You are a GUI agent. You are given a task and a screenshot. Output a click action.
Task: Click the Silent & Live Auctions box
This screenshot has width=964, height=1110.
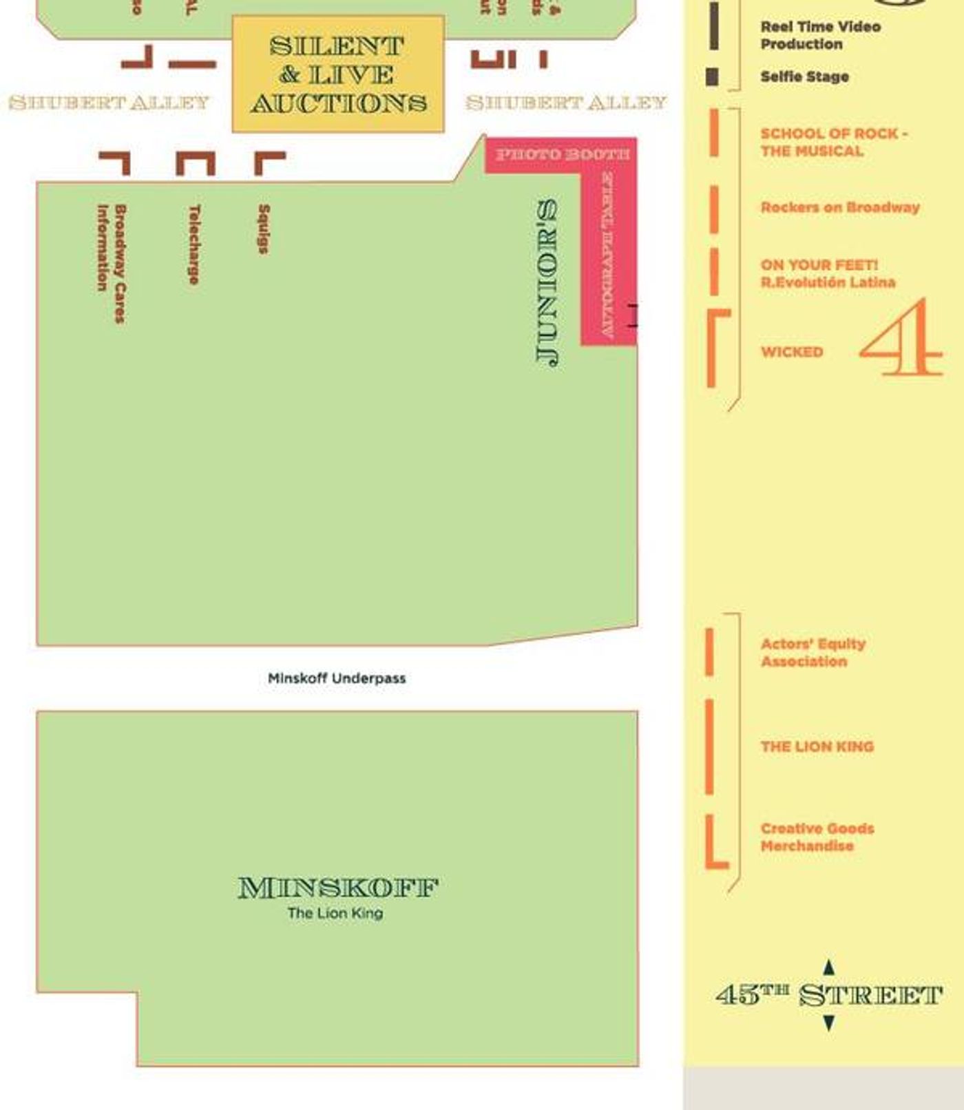click(x=338, y=74)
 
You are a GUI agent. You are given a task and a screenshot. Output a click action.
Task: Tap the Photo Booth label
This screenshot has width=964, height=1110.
click(x=562, y=154)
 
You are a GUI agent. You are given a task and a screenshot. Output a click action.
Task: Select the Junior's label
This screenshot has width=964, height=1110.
click(x=548, y=282)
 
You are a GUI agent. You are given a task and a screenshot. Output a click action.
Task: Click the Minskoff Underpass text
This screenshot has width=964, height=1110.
click(x=337, y=678)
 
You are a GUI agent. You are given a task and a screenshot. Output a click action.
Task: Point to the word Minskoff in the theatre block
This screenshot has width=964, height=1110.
click(x=338, y=888)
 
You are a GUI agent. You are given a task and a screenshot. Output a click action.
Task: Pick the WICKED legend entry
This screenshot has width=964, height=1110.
click(x=792, y=352)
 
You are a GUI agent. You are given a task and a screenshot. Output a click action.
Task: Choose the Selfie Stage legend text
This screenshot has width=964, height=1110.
click(x=804, y=76)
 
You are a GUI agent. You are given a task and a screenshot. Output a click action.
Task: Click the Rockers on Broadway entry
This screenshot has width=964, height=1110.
click(x=839, y=207)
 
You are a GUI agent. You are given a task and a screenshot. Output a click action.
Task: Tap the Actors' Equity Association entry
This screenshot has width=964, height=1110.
click(x=813, y=652)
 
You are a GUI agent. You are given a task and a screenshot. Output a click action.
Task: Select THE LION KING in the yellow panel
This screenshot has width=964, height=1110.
click(x=817, y=746)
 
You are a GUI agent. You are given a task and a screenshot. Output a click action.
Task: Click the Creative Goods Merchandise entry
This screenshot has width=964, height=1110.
click(x=817, y=837)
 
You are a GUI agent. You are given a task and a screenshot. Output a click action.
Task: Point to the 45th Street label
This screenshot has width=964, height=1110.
click(x=828, y=996)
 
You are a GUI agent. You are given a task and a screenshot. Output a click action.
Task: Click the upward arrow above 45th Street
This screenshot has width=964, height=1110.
click(x=829, y=967)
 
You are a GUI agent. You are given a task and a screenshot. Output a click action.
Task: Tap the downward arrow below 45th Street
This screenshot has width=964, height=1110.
click(x=829, y=1023)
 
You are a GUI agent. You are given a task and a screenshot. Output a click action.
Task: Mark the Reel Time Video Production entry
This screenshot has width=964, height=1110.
click(x=820, y=35)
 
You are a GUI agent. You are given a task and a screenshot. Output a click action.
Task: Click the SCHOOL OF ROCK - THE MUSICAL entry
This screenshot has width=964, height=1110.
click(x=833, y=142)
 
